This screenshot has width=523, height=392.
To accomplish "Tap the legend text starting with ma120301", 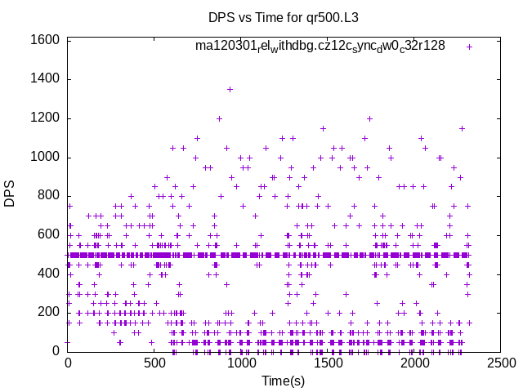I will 320,47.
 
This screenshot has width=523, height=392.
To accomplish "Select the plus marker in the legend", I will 469,47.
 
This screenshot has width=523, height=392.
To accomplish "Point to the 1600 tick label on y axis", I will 44,40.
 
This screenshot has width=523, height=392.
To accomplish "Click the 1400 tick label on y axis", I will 44,79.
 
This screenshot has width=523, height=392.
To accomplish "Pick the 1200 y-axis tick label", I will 44,118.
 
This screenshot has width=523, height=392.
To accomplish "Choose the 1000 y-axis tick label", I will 44,158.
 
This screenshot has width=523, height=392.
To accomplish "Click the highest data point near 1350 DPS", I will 230,89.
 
